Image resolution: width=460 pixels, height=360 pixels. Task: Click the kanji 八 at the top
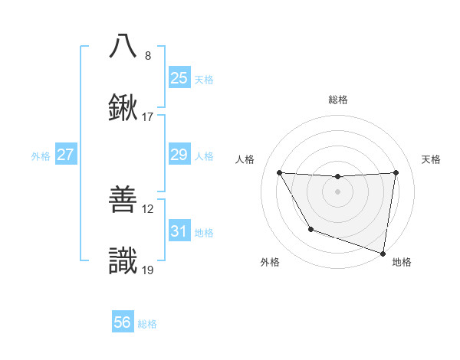click(123, 45)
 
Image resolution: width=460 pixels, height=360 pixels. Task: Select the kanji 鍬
click(123, 107)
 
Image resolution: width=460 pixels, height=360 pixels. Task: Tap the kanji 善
click(123, 199)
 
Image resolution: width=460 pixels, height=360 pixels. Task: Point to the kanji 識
click(123, 261)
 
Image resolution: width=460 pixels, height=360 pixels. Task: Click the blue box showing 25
click(179, 78)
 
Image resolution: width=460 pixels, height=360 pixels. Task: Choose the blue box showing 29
click(179, 155)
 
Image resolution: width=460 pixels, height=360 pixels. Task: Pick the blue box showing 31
click(179, 231)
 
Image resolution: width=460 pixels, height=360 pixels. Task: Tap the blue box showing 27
click(65, 155)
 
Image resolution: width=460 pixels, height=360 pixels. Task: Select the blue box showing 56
click(122, 322)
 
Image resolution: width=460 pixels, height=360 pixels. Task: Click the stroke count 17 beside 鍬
click(148, 117)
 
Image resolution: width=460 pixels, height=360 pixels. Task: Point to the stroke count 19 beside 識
click(148, 270)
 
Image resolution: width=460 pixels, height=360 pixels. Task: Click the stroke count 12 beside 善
click(148, 208)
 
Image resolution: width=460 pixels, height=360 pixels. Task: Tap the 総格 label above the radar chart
click(338, 100)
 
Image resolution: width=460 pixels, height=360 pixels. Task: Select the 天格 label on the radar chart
click(432, 159)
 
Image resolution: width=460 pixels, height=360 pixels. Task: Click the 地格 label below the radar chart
click(402, 262)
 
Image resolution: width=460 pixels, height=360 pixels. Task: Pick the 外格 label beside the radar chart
click(270, 262)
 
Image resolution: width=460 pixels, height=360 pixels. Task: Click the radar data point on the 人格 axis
click(279, 172)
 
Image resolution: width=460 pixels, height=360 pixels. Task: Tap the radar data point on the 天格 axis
click(396, 172)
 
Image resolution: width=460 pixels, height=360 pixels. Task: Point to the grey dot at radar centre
click(337, 191)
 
